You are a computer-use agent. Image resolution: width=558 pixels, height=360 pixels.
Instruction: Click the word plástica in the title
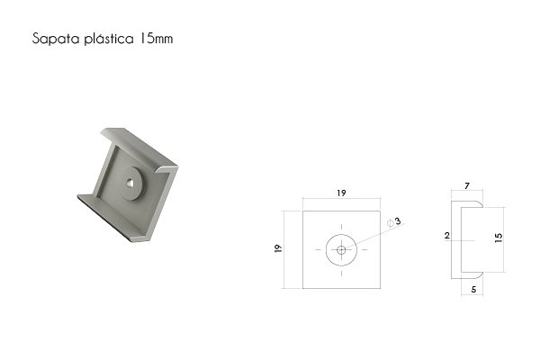pyautogui.click(x=109, y=38)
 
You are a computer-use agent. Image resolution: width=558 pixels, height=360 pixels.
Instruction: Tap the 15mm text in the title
pyautogui.click(x=156, y=38)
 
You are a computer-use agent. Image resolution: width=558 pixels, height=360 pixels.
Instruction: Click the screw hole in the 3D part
pyautogui.click(x=130, y=184)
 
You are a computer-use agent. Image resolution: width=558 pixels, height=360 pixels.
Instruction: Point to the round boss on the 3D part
pyautogui.click(x=132, y=184)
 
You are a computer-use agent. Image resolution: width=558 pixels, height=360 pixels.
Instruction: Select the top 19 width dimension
pyautogui.click(x=341, y=193)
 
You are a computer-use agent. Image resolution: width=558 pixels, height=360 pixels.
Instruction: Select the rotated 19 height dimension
pyautogui.click(x=278, y=248)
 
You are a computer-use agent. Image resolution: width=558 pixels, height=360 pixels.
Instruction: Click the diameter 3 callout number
pyautogui.click(x=398, y=220)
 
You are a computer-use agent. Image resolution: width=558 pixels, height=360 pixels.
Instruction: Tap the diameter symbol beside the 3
pyautogui.click(x=390, y=223)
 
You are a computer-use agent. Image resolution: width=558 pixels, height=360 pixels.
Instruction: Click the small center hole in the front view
pyautogui.click(x=341, y=249)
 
